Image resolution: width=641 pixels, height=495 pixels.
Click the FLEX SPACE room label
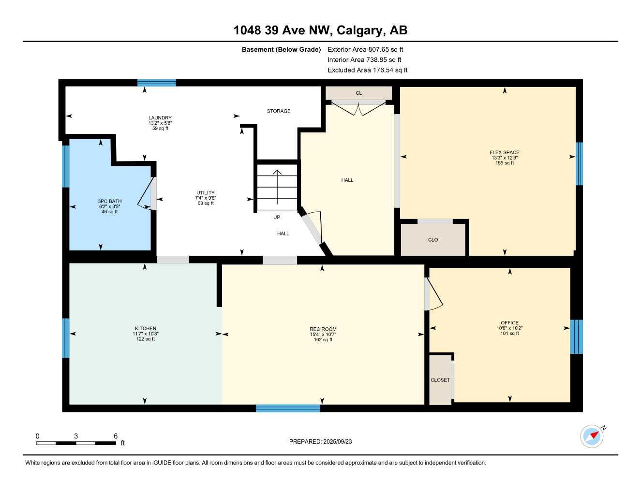[x=504, y=153]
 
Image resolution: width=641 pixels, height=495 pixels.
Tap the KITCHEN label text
[x=146, y=329]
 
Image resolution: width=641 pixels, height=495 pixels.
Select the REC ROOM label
[x=323, y=329]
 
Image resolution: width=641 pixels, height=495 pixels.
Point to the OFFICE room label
[x=509, y=323]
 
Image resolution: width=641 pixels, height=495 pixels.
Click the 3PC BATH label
[x=110, y=201]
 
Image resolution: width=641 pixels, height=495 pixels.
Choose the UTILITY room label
[x=206, y=193]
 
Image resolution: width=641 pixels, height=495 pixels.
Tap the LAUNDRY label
[x=160, y=118]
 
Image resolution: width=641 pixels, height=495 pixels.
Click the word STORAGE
[x=279, y=111]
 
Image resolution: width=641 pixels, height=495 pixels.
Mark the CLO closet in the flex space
[x=433, y=240]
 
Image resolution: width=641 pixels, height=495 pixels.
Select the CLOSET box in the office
[x=440, y=380]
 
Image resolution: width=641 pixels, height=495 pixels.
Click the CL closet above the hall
[x=358, y=93]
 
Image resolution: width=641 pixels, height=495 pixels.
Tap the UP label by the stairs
[x=277, y=217]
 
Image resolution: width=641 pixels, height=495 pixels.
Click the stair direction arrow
[x=277, y=186]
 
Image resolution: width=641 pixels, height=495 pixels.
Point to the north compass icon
[x=592, y=436]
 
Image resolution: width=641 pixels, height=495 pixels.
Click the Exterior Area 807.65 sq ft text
[x=365, y=49]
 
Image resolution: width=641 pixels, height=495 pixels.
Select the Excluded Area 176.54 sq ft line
[x=367, y=70]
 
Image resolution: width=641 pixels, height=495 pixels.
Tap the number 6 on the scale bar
[x=116, y=436]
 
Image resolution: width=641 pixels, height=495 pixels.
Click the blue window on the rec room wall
[x=288, y=408]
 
